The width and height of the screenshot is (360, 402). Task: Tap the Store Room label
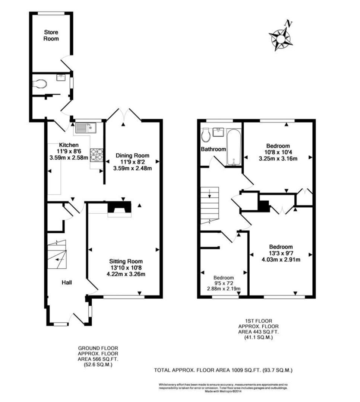51,35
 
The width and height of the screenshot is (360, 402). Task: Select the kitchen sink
86,128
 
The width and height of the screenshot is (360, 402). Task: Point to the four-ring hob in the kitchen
96,154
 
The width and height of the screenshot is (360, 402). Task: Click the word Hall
67,283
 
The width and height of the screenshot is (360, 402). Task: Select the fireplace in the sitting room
119,208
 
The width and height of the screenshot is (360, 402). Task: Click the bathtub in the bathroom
234,147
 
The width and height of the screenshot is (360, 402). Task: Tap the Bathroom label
213,149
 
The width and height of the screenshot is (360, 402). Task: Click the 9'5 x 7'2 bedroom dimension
223,283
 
